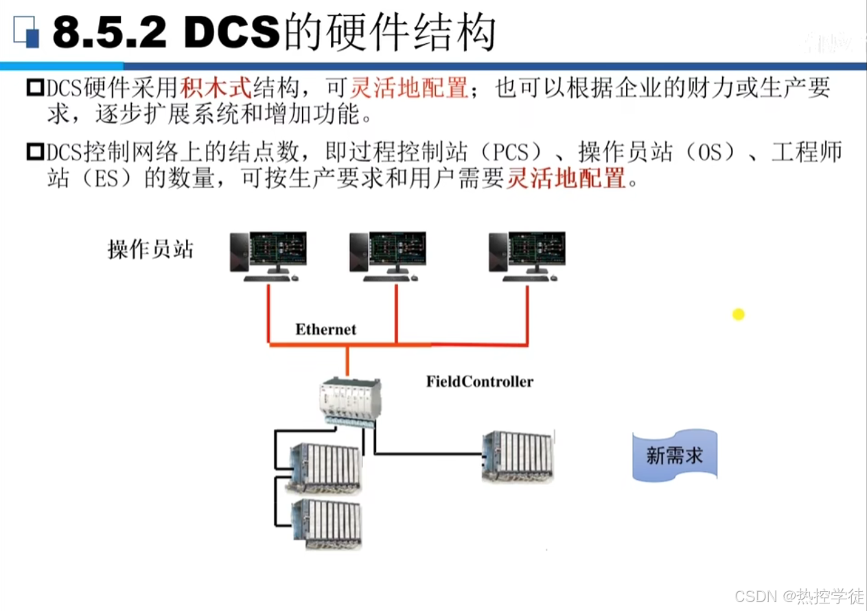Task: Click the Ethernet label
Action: click(x=326, y=330)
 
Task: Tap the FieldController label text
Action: click(x=479, y=382)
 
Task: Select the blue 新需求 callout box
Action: click(x=674, y=455)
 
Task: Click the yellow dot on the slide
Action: click(x=738, y=314)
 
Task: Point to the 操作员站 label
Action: click(x=150, y=249)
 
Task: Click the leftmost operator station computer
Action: click(x=268, y=256)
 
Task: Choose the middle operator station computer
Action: click(x=387, y=256)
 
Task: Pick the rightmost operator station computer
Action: click(x=527, y=256)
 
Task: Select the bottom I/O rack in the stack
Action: click(x=325, y=524)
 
